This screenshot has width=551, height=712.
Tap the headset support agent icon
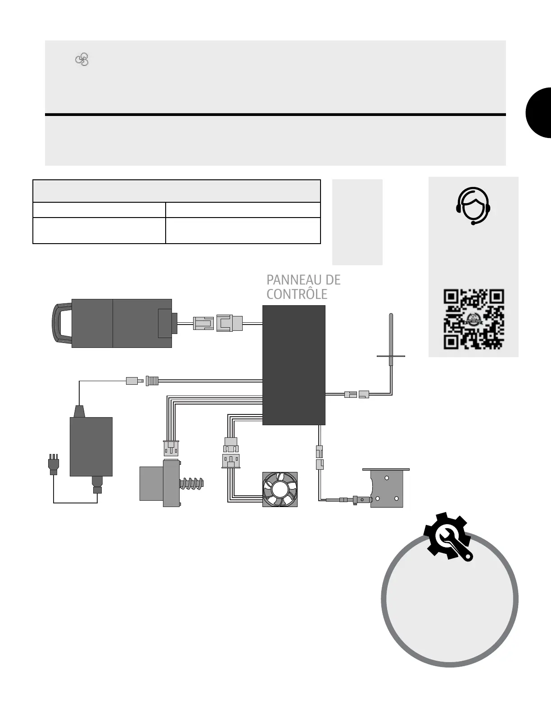(x=473, y=206)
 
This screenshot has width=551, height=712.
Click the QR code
(x=474, y=320)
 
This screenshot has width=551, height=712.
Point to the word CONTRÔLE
(x=297, y=294)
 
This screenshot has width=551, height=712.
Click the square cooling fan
(x=280, y=489)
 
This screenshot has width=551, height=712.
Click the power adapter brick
(x=91, y=446)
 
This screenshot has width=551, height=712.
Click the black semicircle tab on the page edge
(x=539, y=112)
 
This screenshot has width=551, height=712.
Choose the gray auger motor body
(x=152, y=484)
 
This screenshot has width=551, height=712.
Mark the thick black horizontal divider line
(x=275, y=115)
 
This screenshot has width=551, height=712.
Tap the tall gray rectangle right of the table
(x=357, y=222)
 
